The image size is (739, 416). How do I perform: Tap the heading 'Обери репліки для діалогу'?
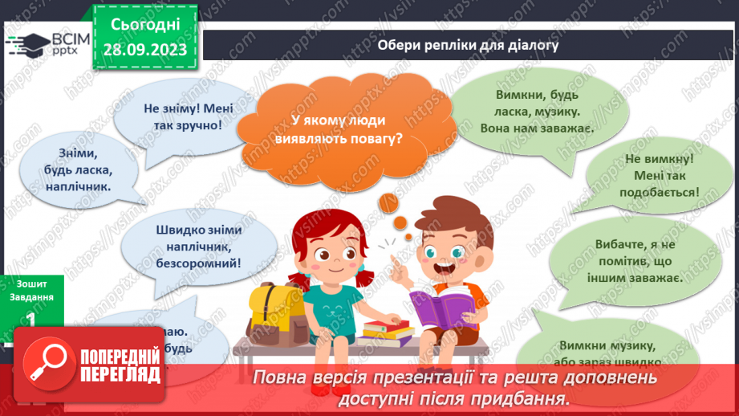point(468,46)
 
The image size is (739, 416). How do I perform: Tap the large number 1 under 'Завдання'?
point(31,320)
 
